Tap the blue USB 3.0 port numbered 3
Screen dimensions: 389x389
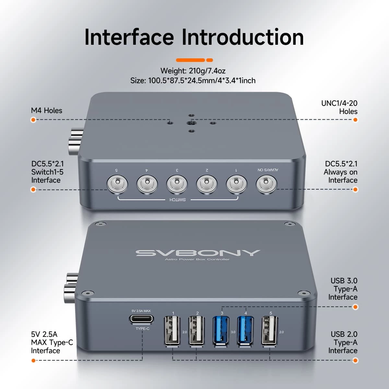coord(221,330)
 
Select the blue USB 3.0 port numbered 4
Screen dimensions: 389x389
coord(246,330)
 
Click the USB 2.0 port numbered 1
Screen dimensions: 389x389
coord(172,330)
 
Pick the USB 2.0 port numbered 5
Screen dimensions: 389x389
coord(270,330)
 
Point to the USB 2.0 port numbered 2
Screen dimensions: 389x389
coord(197,330)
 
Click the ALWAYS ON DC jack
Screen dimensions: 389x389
coord(266,184)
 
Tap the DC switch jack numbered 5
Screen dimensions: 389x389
coord(117,184)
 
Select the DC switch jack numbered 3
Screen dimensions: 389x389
coord(177,184)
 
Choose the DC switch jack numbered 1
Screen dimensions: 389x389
coord(237,184)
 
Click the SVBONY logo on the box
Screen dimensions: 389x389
coord(198,253)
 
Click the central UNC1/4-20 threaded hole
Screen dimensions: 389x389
coord(191,123)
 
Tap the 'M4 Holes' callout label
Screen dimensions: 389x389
coord(46,111)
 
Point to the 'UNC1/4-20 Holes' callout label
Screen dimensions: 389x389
coord(339,107)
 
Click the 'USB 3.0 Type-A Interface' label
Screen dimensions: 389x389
coord(343,289)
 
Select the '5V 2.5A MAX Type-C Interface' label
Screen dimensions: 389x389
coord(52,342)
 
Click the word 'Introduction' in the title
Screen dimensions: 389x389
coord(242,37)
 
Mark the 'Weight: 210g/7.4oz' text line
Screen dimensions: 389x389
coord(193,71)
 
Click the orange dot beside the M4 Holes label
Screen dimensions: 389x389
coord(33,120)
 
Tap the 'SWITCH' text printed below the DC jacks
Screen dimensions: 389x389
coord(178,200)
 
